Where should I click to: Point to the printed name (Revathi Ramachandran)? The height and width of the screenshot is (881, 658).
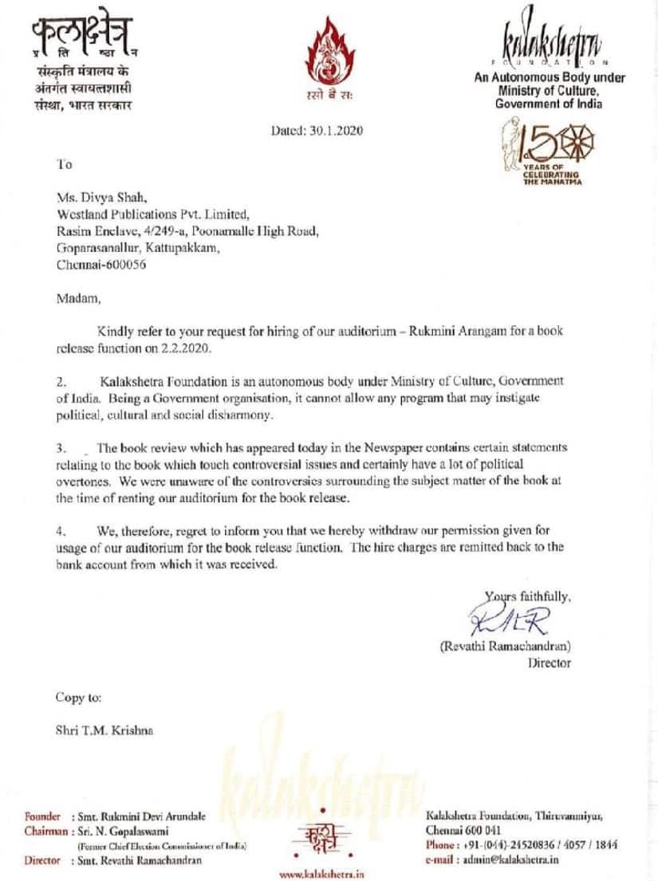coord(505,647)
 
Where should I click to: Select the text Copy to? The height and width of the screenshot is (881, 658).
coord(78,698)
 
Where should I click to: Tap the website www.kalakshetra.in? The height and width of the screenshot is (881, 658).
coord(321,874)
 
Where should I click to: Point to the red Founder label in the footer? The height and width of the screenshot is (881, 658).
coord(42,816)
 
